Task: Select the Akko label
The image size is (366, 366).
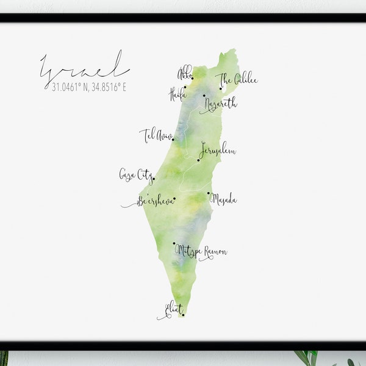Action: (184, 74)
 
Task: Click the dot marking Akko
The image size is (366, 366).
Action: (192, 78)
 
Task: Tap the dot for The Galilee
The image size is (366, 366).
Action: (221, 88)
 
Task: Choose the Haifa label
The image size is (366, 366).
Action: (177, 93)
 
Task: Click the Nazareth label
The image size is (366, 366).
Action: (221, 104)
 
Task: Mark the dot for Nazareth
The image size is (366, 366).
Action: (204, 95)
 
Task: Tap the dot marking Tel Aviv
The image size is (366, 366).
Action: (173, 140)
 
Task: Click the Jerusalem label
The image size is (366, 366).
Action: (218, 150)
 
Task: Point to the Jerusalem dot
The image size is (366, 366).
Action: (198, 160)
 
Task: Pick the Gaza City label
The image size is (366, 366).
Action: (135, 175)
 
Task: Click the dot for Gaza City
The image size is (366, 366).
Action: (154, 179)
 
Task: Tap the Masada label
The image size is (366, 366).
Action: (224, 199)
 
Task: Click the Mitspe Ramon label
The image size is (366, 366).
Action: (201, 251)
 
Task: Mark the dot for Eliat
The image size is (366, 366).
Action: (183, 315)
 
